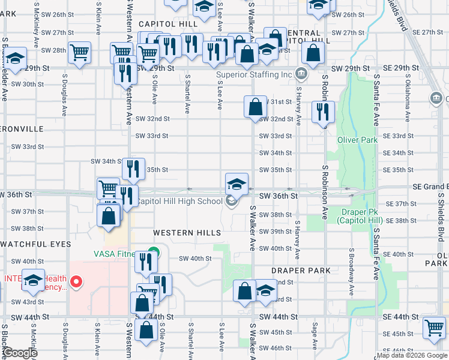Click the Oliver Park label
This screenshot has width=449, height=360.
coord(357,140)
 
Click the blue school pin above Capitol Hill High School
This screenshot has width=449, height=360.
coord(237,183)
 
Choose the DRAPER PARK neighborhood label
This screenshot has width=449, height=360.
coord(301,271)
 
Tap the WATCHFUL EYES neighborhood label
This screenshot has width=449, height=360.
coord(35,244)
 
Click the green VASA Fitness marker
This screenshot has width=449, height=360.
coord(154,253)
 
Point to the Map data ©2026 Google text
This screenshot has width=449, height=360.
coord(412,356)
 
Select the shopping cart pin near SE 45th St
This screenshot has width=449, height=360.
coord(434,328)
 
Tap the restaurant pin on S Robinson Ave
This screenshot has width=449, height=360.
coord(323,111)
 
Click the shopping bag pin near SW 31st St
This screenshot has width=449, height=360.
coord(255,107)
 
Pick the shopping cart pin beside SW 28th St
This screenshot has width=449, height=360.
coord(79,53)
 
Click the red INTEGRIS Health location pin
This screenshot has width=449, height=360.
coord(76,281)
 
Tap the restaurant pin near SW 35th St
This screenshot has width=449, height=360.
coord(133,169)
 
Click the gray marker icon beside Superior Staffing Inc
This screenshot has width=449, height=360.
coord(301,75)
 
